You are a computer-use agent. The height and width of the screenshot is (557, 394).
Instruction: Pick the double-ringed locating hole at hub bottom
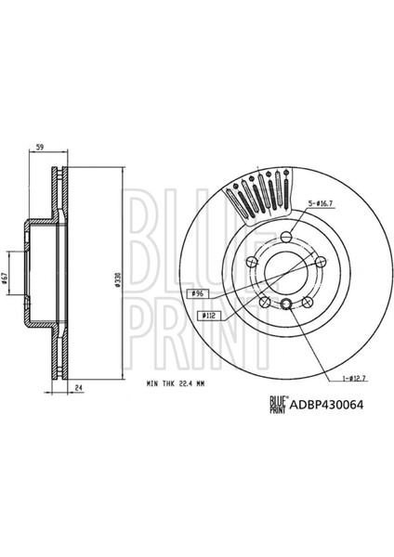287,307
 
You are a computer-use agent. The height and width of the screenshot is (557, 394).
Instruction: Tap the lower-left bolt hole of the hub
266,301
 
